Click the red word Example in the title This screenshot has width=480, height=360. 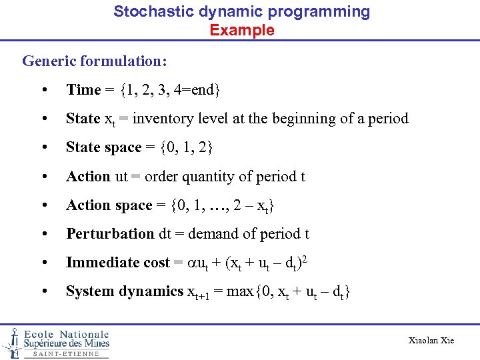tap(241, 30)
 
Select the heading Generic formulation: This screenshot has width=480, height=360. tap(95, 61)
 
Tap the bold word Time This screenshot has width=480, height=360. tap(83, 90)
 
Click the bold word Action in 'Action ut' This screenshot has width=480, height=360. tap(88, 177)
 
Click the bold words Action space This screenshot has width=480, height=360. tap(109, 205)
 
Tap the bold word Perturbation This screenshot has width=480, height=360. tap(110, 234)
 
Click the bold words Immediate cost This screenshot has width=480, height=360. tap(118, 263)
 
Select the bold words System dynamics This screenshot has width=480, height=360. tap(124, 291)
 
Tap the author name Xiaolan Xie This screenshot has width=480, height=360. tap(431, 341)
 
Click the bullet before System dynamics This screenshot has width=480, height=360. tap(43, 291)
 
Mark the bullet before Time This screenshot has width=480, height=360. tap(43, 90)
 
